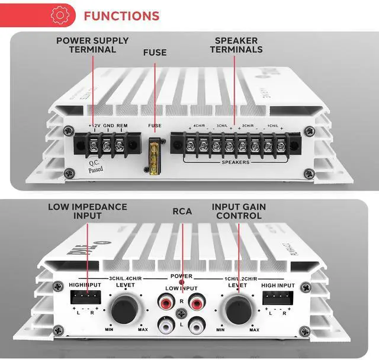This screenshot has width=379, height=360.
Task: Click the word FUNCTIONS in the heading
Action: [x=121, y=15]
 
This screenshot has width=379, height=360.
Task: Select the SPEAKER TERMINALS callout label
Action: [x=236, y=45]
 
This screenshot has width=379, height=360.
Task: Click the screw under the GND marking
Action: [x=107, y=144]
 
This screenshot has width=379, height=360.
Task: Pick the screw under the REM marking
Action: [x=120, y=144]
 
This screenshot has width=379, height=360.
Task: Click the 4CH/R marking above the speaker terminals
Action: [x=200, y=126]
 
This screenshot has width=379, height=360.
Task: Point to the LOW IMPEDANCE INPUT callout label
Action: [x=88, y=211]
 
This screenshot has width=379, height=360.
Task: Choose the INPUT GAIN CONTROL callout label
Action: [x=239, y=211]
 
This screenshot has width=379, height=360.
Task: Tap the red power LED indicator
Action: [x=182, y=283]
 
